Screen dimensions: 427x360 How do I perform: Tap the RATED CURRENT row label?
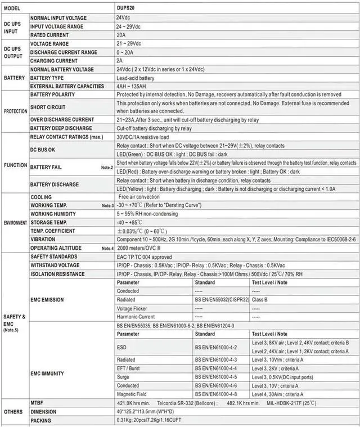point(49,35)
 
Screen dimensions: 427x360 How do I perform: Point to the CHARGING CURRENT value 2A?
point(119,61)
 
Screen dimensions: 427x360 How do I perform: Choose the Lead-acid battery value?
point(135,78)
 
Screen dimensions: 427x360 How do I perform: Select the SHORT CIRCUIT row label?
point(47,107)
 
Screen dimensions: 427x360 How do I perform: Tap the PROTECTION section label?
point(15,111)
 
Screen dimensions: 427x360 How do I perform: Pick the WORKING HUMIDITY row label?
point(53,214)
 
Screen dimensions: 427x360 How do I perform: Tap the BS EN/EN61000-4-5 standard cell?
point(216,377)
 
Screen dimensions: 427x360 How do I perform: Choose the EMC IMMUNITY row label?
point(47,373)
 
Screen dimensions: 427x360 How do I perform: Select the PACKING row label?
point(41,420)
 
